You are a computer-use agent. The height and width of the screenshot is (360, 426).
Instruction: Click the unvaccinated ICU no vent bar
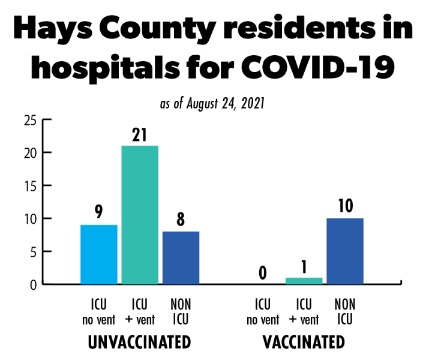(99, 254)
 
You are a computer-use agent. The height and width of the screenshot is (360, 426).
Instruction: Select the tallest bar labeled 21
(140, 214)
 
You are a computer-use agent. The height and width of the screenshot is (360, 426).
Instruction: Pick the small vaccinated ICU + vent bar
(304, 281)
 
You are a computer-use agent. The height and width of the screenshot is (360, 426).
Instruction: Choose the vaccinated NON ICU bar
(345, 251)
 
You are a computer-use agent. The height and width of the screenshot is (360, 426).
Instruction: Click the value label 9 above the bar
(99, 212)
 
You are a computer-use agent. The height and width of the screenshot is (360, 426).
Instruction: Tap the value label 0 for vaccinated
(263, 273)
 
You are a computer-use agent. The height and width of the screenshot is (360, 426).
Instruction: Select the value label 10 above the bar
(345, 206)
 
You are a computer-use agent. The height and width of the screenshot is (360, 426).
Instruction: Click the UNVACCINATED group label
(139, 343)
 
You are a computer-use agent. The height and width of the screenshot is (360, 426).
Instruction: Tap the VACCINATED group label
(304, 343)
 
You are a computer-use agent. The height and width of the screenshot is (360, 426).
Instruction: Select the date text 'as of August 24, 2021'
(213, 104)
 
